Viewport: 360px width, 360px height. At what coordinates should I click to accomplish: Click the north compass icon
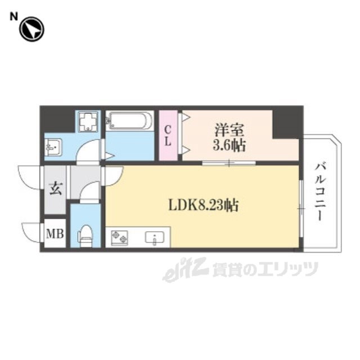31,29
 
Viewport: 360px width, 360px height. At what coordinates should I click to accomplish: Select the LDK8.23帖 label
203,206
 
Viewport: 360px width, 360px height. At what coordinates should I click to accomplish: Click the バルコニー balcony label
320,191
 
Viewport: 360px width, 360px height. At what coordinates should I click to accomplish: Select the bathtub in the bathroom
130,120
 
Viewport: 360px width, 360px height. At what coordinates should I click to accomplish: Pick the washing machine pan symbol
87,121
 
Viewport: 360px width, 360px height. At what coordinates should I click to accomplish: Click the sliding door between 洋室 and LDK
229,163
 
